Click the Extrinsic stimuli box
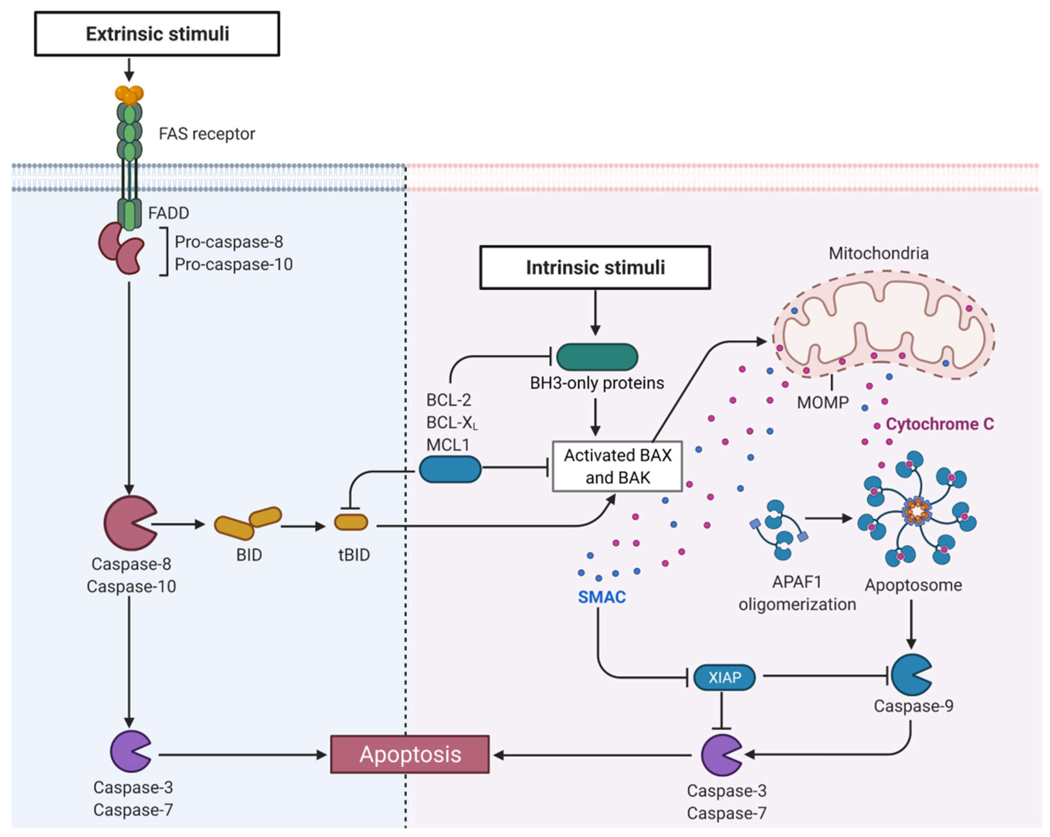pyautogui.click(x=157, y=33)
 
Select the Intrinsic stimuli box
pyautogui.click(x=595, y=268)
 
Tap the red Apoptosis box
pyautogui.click(x=410, y=754)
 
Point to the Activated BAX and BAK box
pyautogui.click(x=617, y=466)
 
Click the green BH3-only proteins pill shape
pyautogui.click(x=597, y=357)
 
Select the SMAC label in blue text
pyautogui.click(x=601, y=597)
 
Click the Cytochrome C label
pyautogui.click(x=939, y=424)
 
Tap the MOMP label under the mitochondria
pyautogui.click(x=822, y=402)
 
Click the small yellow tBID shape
pyautogui.click(x=351, y=522)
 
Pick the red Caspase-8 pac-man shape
pyautogui.click(x=127, y=523)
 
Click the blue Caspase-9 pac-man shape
pyautogui.click(x=910, y=675)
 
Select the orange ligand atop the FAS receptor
pyautogui.click(x=129, y=94)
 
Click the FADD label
pyautogui.click(x=168, y=213)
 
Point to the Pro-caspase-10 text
pyautogui.click(x=233, y=264)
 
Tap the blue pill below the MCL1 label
pyautogui.click(x=450, y=469)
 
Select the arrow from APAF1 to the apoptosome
pyautogui.click(x=828, y=518)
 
